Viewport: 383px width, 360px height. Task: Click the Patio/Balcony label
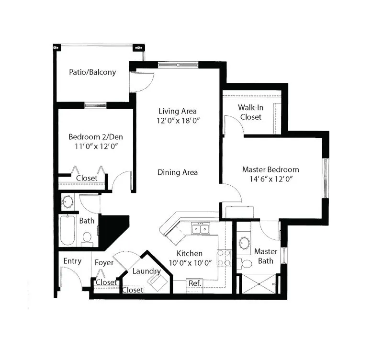pyautogui.click(x=92, y=72)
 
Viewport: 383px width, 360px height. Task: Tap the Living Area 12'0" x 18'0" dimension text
pyautogui.click(x=178, y=121)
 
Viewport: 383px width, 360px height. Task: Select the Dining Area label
pyautogui.click(x=178, y=172)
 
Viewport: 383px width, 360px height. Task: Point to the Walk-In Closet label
pyautogui.click(x=250, y=112)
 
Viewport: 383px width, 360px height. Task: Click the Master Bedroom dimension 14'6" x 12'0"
pyautogui.click(x=271, y=179)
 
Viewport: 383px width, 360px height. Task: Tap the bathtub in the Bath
pyautogui.click(x=68, y=230)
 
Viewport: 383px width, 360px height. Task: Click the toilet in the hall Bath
pyautogui.click(x=87, y=239)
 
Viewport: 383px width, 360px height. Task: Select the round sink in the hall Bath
pyautogui.click(x=68, y=202)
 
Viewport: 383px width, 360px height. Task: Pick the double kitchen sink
pyautogui.click(x=201, y=229)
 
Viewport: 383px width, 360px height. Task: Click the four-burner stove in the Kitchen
pyautogui.click(x=224, y=258)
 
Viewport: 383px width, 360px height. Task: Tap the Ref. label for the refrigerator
pyautogui.click(x=195, y=283)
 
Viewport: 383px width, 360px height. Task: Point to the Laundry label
pyautogui.click(x=146, y=271)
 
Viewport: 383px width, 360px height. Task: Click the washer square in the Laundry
pyautogui.click(x=157, y=282)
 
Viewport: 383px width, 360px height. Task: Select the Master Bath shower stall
pyautogui.click(x=259, y=284)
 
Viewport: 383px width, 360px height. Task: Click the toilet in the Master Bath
pyautogui.click(x=245, y=264)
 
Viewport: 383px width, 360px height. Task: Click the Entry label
pyautogui.click(x=72, y=261)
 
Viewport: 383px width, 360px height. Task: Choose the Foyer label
pyautogui.click(x=104, y=263)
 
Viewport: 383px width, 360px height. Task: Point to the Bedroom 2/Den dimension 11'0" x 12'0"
pyautogui.click(x=97, y=146)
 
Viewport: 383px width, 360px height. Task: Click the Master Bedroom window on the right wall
pyautogui.click(x=326, y=178)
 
